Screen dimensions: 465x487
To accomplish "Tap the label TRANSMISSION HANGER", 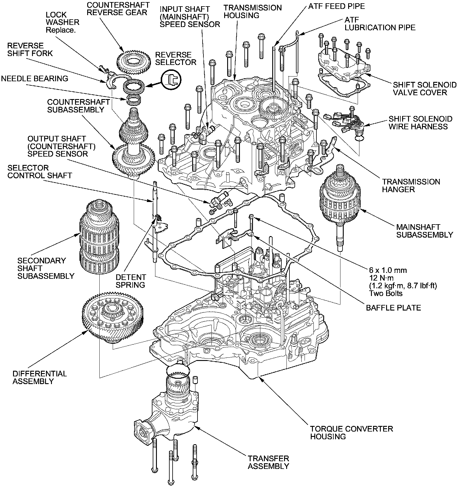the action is click(x=411, y=185).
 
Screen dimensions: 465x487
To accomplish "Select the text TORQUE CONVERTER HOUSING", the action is click(x=351, y=432).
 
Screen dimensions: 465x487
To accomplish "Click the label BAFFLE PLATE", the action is click(x=393, y=308).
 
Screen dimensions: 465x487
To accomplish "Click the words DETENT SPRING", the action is click(x=131, y=281).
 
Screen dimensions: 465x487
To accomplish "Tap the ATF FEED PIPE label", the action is click(x=336, y=6).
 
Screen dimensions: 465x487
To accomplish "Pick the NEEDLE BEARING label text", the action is click(x=35, y=79).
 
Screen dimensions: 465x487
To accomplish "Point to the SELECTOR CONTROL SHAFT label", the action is click(x=40, y=171).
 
